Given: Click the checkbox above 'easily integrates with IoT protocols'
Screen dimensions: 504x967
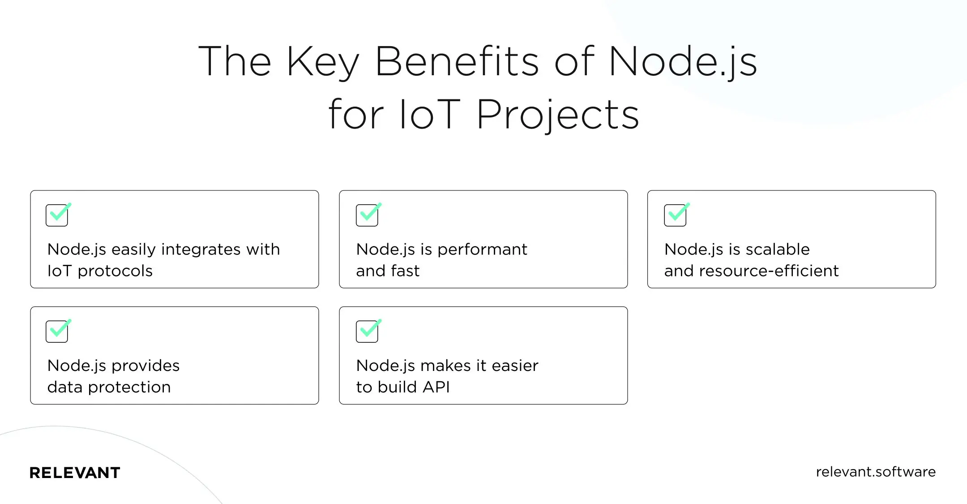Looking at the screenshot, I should [57, 215].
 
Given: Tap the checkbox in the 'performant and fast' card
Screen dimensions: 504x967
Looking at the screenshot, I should [367, 215].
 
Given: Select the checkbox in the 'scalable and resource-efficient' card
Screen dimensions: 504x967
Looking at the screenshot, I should [675, 215].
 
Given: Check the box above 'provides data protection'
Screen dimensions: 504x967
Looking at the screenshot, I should [57, 332].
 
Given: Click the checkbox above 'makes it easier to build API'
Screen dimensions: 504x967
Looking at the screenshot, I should [367, 332].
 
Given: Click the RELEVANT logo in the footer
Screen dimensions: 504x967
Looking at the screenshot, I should [75, 473].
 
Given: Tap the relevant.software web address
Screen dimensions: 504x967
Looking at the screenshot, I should [876, 472].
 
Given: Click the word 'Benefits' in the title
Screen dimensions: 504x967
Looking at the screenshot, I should [457, 61].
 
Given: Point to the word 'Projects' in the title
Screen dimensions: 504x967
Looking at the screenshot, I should [557, 115].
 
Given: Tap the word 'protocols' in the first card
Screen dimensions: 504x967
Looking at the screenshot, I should [115, 271].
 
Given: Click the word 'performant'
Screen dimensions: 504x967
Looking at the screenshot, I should [482, 250].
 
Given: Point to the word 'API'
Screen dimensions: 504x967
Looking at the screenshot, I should [436, 387].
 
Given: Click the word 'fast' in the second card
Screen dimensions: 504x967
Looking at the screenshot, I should [406, 271].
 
